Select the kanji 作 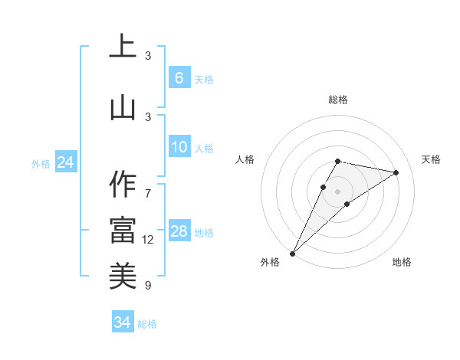123,185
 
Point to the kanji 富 123,229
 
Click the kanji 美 123,273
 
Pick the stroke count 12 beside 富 148,240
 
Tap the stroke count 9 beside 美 148,286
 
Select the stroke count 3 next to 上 148,56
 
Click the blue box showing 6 179,78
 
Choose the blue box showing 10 179,147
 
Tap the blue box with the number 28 179,231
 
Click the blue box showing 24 66,162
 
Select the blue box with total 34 123,322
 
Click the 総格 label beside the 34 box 147,324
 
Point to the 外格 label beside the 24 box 41,164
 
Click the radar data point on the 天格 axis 396,173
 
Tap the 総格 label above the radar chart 337,100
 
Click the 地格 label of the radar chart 402,262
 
